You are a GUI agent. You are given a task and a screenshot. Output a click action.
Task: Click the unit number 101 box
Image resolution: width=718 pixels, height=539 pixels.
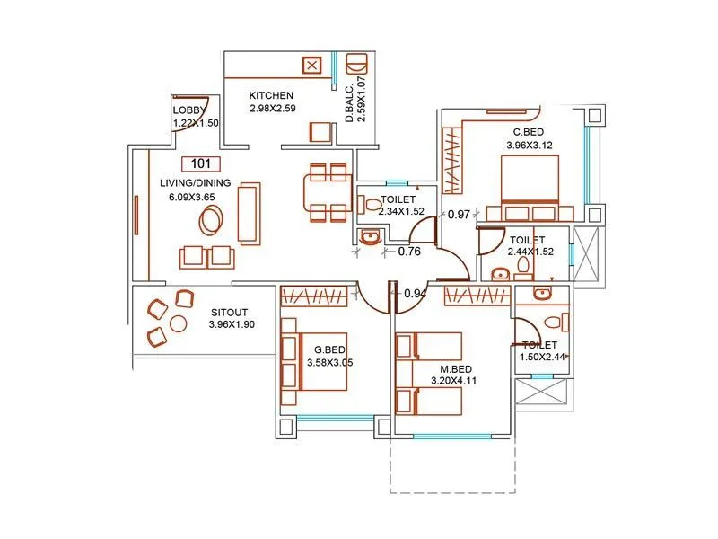(x=201, y=163)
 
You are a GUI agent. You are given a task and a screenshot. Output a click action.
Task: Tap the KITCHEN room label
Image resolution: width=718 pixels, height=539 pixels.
(x=272, y=95)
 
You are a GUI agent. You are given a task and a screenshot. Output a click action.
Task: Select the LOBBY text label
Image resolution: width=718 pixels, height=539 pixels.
(x=189, y=110)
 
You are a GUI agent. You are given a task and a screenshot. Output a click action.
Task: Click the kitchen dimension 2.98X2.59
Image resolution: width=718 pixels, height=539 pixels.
(x=273, y=109)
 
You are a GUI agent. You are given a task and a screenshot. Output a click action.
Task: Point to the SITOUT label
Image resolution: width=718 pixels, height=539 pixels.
(x=229, y=312)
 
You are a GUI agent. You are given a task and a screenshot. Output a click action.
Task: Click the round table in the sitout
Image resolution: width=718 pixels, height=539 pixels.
(x=178, y=323)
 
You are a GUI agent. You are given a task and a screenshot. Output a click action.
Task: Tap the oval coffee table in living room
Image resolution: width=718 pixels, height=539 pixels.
(x=213, y=218)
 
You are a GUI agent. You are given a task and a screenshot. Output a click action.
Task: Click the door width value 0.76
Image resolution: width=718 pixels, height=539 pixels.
(x=409, y=252)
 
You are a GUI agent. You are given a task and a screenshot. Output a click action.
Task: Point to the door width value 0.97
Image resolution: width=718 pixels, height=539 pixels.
(x=459, y=215)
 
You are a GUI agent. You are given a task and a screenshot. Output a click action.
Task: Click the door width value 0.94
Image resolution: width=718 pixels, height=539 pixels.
(x=415, y=294)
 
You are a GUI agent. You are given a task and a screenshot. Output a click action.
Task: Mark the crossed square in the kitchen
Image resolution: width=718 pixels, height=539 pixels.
(x=311, y=66)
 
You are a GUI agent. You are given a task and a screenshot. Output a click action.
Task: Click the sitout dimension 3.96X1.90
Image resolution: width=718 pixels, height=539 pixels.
(x=232, y=324)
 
